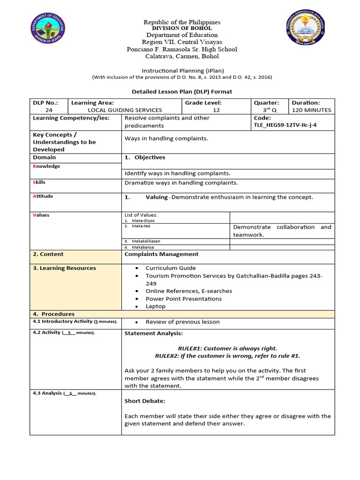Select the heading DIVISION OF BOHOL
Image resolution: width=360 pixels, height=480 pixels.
coord(181,29)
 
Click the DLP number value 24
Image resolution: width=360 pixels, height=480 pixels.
coord(49,110)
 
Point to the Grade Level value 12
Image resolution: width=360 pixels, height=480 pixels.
coord(216,110)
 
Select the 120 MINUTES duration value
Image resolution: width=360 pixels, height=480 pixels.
coord(311,110)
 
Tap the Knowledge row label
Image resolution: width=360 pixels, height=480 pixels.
coord(46,166)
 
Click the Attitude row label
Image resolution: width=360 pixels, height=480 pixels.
coord(43,196)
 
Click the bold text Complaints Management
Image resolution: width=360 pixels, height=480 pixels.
coord(161,254)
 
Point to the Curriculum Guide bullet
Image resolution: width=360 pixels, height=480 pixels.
coord(171,268)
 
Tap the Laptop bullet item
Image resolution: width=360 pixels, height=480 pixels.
coord(156,306)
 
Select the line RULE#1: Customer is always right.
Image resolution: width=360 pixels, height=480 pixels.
coord(227,348)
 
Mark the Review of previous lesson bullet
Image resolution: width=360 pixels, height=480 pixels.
coord(182,322)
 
